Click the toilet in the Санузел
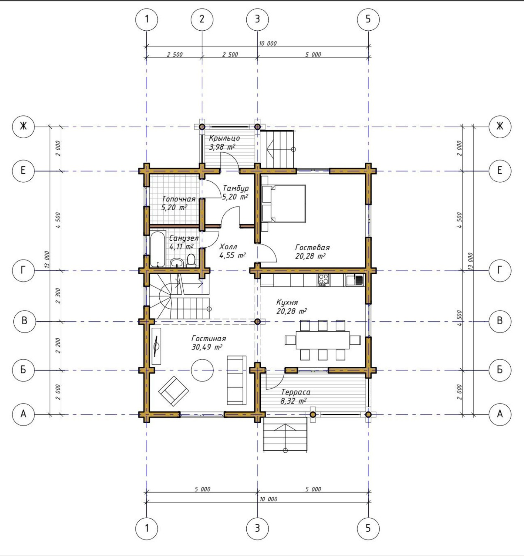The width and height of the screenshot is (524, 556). pos(191,260)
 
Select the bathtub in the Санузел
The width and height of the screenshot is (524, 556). pos(158,249)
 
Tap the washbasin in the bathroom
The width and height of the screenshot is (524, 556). pos(176,263)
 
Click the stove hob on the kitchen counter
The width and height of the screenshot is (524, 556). pos(323,280)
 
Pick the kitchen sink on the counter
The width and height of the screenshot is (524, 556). pos(355,280)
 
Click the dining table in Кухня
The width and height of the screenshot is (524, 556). pos(323,340)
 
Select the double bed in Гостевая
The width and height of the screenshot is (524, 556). pos(283,203)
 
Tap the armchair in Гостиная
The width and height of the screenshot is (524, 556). pos(173,391)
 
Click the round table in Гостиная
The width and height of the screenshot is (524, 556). pos(202,370)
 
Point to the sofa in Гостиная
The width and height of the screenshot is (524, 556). pos(237,380)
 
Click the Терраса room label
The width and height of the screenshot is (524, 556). pos(296,392)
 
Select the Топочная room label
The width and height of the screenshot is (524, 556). pos(179,199)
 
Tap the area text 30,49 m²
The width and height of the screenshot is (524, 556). pos(207,347)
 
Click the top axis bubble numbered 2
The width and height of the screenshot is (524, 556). pos(202,19)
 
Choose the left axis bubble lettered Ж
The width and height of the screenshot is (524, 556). pos(23,126)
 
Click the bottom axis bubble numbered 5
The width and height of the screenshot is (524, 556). pos(368,528)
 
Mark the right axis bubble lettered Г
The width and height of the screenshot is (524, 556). pos(500,270)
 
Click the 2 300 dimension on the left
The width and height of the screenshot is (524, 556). pos(58,296)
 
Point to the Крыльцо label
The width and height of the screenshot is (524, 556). pos(224,138)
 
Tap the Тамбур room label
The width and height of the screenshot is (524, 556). pos(235,188)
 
